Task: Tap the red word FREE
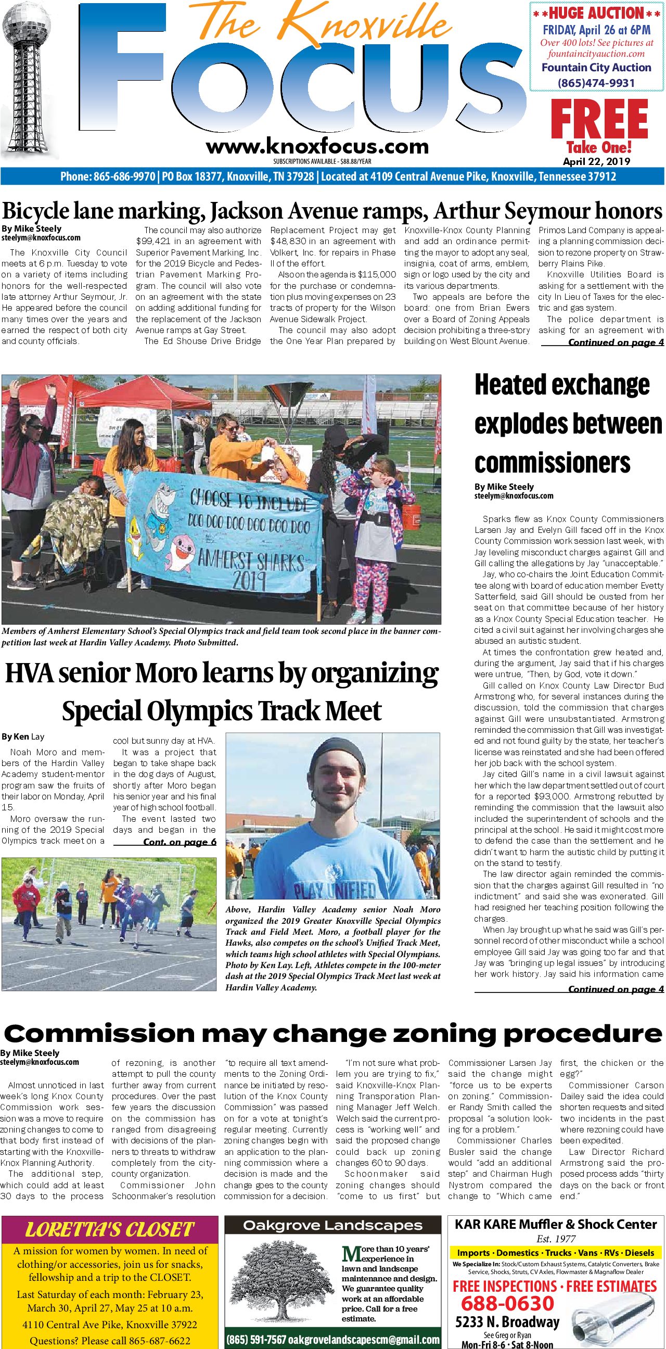(599, 120)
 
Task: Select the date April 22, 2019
(596, 161)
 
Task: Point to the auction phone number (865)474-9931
(596, 83)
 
